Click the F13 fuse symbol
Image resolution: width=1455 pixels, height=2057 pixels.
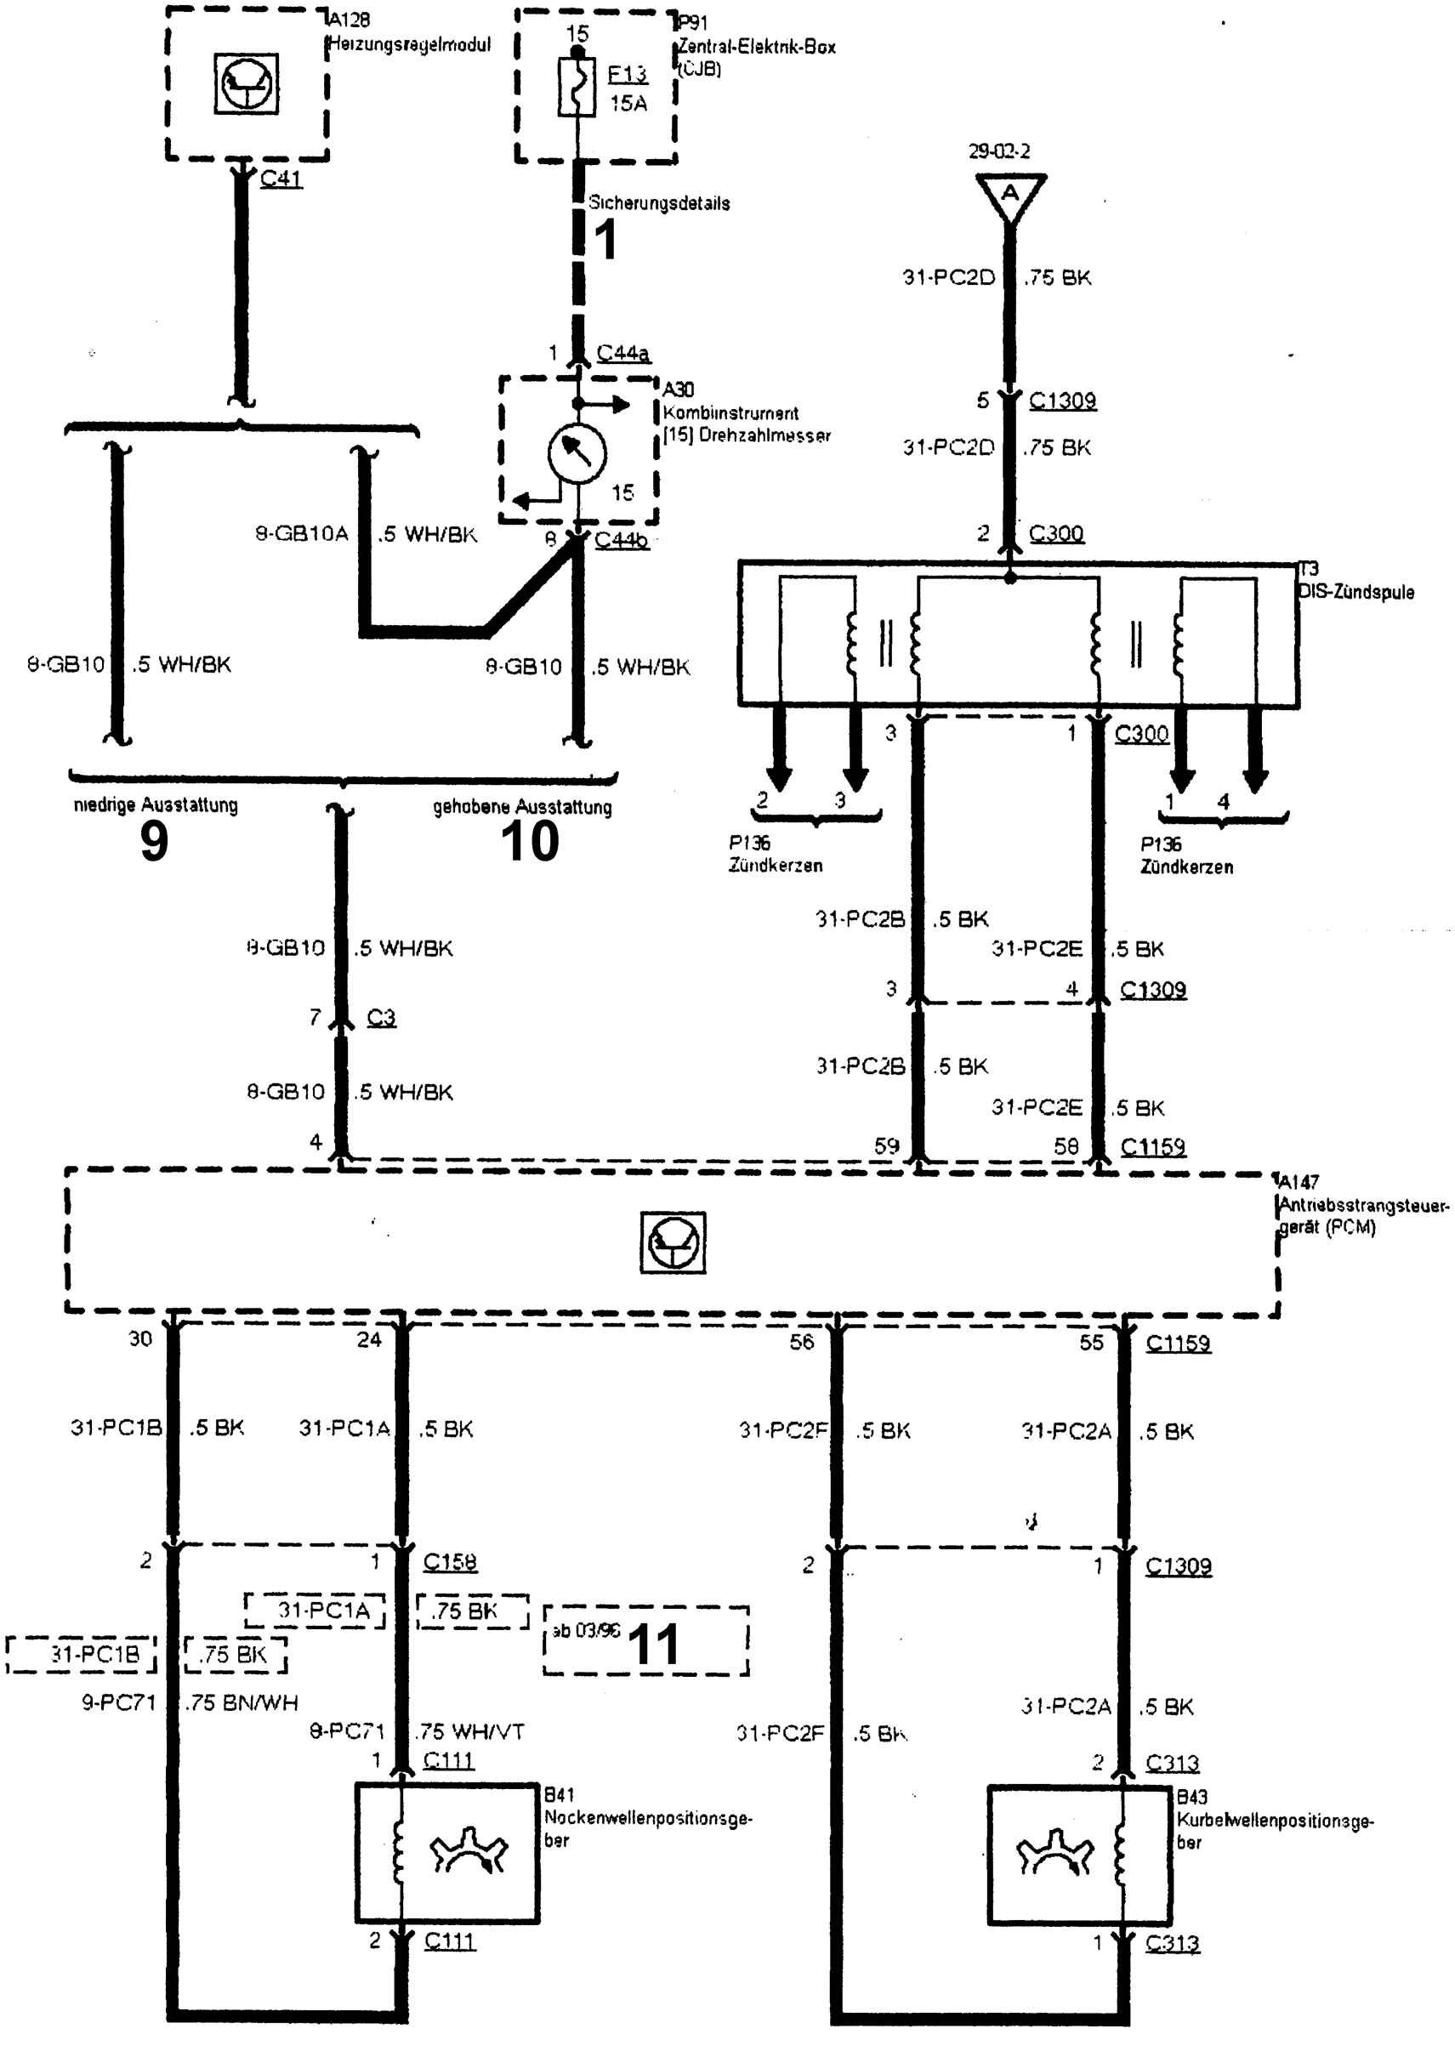click(x=576, y=87)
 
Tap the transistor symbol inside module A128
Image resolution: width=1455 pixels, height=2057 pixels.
click(x=247, y=83)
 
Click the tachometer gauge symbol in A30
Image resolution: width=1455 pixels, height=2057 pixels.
click(x=577, y=454)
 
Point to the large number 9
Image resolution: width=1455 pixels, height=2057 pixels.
click(x=154, y=841)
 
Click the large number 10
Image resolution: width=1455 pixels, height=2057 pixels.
click(x=530, y=841)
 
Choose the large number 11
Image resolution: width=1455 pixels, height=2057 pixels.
click(x=653, y=1644)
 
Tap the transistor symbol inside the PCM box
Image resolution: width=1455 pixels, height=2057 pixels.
click(x=673, y=1242)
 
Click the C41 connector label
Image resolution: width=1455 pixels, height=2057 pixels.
click(x=281, y=179)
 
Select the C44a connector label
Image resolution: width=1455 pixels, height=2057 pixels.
click(x=623, y=353)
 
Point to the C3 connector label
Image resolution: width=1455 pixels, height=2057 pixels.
click(x=381, y=1018)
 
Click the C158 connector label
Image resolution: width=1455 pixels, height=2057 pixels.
click(x=450, y=1562)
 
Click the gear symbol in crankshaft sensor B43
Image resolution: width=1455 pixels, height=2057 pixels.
click(x=1054, y=1852)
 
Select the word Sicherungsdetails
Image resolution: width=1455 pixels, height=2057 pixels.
click(x=658, y=203)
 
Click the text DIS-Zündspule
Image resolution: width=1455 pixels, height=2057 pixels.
click(x=1356, y=592)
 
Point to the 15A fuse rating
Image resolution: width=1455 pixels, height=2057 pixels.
click(x=628, y=103)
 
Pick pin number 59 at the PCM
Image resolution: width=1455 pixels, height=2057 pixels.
click(x=887, y=1146)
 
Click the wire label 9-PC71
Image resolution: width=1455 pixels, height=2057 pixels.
click(x=119, y=1702)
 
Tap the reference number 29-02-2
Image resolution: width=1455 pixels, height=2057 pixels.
click(x=999, y=151)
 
